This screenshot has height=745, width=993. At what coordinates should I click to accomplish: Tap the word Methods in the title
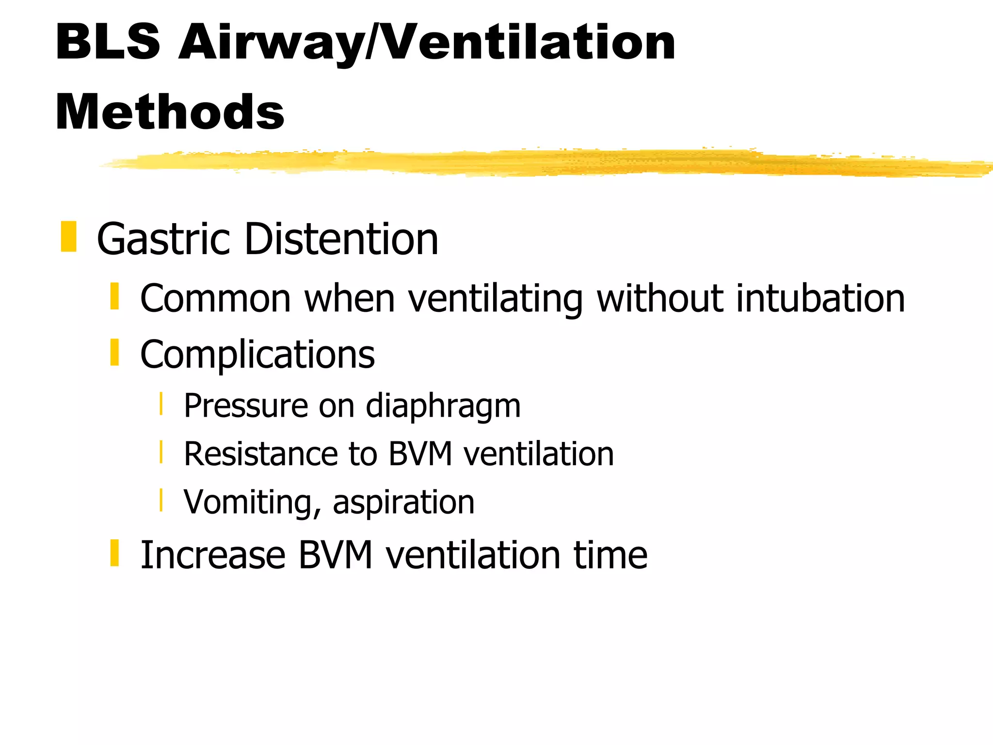(170, 112)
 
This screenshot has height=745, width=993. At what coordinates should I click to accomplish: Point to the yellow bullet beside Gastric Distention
(68, 237)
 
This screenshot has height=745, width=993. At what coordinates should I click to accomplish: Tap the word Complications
(257, 355)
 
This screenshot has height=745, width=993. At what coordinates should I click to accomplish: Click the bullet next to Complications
(114, 352)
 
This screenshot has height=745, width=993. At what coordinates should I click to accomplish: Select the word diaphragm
(443, 406)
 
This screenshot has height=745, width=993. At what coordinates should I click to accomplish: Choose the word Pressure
(246, 405)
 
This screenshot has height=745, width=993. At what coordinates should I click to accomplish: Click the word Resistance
(260, 454)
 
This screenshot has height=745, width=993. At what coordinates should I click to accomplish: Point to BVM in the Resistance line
(421, 454)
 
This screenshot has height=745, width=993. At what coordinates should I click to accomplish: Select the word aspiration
(403, 502)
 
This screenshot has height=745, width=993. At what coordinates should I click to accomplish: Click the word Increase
(213, 555)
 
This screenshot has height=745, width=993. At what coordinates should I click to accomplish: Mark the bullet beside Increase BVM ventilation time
(114, 553)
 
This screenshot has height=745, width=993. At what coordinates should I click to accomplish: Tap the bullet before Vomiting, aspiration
(161, 500)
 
